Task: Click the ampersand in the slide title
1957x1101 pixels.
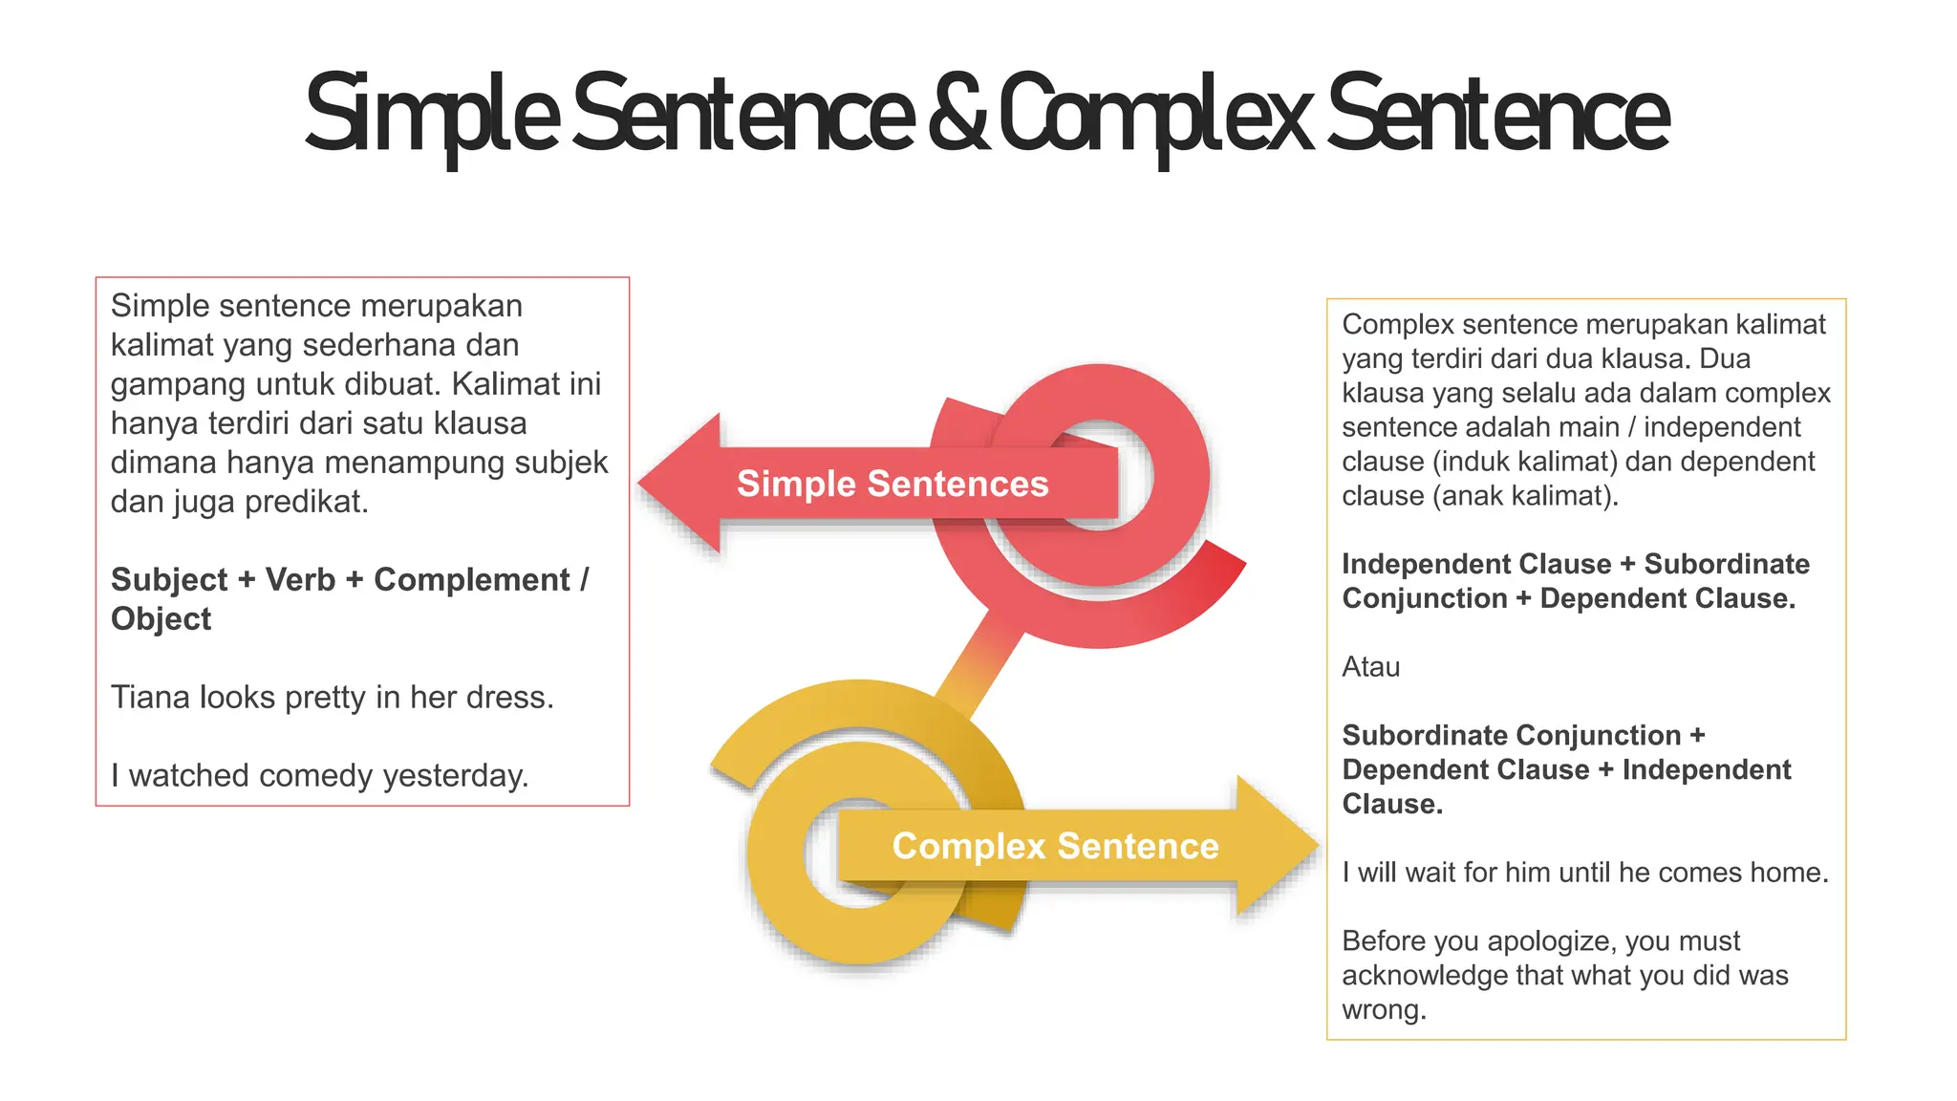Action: [x=958, y=115]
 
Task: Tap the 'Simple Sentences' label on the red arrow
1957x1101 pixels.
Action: [x=892, y=484]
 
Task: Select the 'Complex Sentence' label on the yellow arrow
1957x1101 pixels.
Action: [x=1055, y=846]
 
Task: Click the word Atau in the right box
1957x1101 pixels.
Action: [x=1370, y=667]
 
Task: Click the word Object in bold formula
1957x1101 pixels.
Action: [x=161, y=619]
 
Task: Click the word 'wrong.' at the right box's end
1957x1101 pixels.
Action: [x=1384, y=1010]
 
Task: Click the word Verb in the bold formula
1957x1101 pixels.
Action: [x=300, y=580]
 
